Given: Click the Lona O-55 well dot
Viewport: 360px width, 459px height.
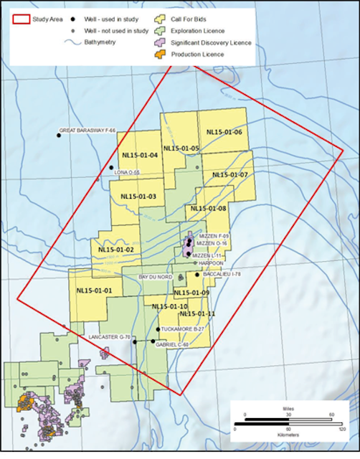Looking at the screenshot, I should (x=111, y=167).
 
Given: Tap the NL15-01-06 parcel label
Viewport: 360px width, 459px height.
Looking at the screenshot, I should (x=224, y=133).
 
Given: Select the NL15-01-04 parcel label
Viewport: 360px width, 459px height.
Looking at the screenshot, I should (x=140, y=155).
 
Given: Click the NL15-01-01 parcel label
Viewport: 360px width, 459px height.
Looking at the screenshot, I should (x=94, y=290).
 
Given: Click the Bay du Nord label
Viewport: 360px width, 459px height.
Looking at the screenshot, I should (x=156, y=276).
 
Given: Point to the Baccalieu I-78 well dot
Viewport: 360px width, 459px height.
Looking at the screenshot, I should (x=197, y=274).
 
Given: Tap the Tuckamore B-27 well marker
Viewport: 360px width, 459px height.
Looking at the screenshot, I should (x=158, y=329).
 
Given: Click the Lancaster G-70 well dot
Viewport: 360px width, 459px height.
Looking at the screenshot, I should (x=134, y=342).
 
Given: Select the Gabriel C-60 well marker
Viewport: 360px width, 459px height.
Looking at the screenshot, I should (x=153, y=341).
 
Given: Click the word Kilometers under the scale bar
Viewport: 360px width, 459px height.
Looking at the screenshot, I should (x=289, y=435).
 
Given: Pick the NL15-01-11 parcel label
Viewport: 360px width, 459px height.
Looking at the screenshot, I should (x=197, y=313).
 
